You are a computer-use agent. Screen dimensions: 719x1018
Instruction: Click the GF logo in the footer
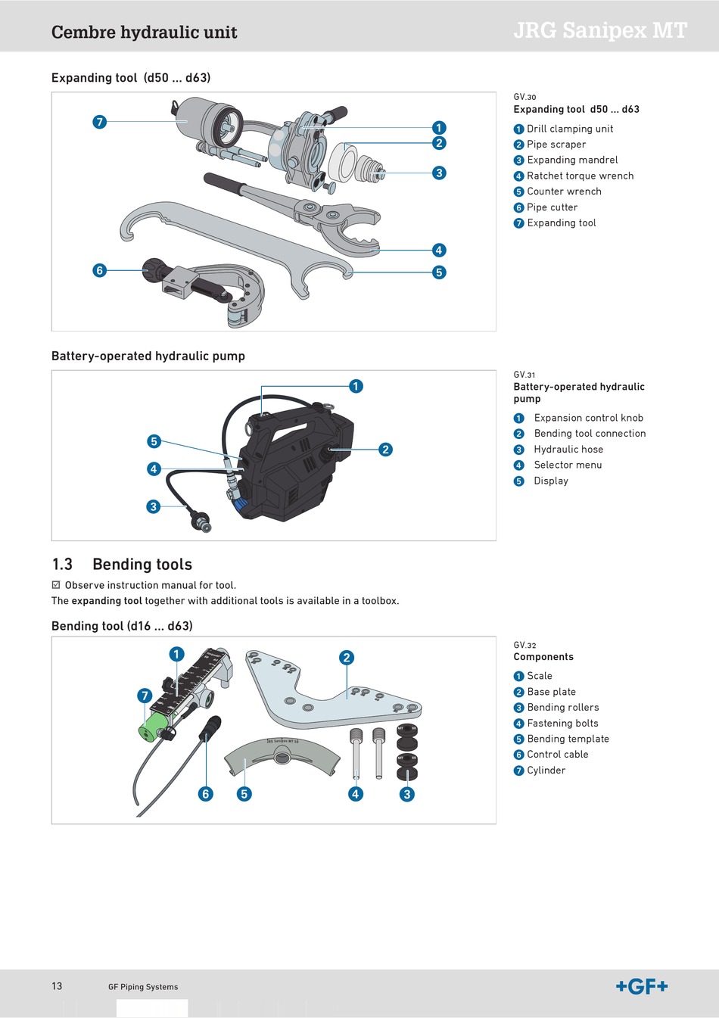[x=642, y=986]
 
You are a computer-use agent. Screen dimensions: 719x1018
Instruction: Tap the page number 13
[x=57, y=985]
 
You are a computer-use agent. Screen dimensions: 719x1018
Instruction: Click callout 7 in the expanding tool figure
[x=100, y=122]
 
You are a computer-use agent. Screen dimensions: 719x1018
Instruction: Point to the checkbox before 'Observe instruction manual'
[x=56, y=584]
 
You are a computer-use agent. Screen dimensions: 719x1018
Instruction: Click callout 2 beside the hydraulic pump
[x=385, y=450]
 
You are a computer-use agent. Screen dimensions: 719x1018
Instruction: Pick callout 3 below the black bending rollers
[x=406, y=794]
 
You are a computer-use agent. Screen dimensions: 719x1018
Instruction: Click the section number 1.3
[x=62, y=564]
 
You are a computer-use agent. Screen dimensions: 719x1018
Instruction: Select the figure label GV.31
[x=524, y=375]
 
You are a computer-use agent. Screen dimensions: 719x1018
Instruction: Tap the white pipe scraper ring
[x=343, y=162]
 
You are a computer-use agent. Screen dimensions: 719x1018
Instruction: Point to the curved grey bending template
[x=282, y=755]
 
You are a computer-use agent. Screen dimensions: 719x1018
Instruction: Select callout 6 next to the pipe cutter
[x=100, y=270]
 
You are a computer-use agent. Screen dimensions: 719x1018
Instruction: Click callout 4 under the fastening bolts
[x=356, y=794]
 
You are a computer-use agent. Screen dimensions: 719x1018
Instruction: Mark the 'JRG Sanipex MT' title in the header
[x=600, y=31]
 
